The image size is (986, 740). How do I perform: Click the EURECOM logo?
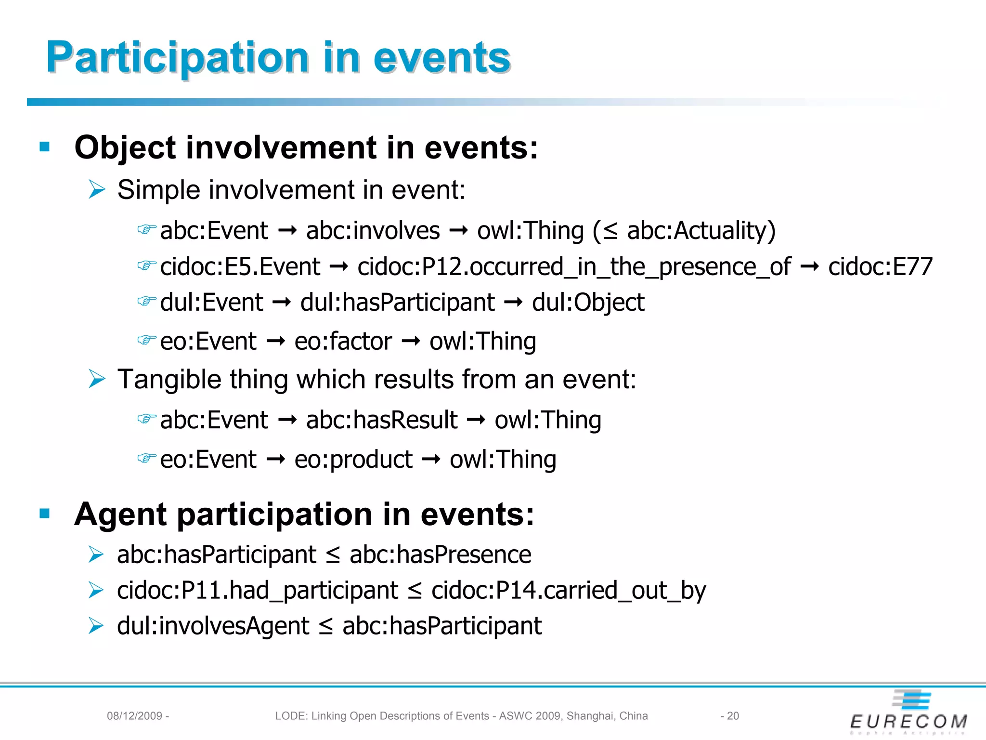pyautogui.click(x=909, y=713)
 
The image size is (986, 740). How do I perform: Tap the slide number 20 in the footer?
pyautogui.click(x=733, y=716)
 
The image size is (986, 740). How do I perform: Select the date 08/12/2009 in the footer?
pyautogui.click(x=134, y=716)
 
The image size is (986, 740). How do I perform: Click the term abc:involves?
pyautogui.click(x=373, y=231)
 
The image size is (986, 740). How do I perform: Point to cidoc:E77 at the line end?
pyautogui.click(x=880, y=267)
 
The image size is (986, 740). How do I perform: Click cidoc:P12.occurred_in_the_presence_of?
pyautogui.click(x=574, y=267)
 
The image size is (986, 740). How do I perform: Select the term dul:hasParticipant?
pyautogui.click(x=397, y=303)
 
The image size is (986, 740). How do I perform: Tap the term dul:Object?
pyautogui.click(x=588, y=303)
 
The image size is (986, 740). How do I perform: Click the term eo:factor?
pyautogui.click(x=343, y=342)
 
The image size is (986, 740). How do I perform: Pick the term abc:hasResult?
pyautogui.click(x=381, y=420)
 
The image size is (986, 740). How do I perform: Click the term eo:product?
pyautogui.click(x=353, y=460)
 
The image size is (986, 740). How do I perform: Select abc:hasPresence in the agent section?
pyautogui.click(x=440, y=555)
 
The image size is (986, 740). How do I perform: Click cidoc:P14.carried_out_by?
pyautogui.click(x=568, y=591)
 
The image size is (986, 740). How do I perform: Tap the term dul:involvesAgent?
pyautogui.click(x=213, y=626)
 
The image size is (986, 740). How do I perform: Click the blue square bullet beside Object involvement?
pyautogui.click(x=45, y=147)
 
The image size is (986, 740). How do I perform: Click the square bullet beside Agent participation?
pyautogui.click(x=45, y=514)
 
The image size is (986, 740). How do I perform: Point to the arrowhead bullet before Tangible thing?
pyautogui.click(x=97, y=379)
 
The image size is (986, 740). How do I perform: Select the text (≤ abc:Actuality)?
pyautogui.click(x=684, y=231)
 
